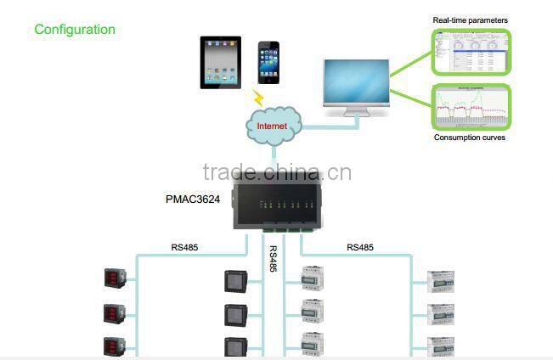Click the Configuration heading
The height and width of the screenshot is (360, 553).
pyautogui.click(x=75, y=30)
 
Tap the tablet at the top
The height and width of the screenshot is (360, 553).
pyautogui.click(x=223, y=61)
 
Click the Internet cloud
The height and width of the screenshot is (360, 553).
pyautogui.click(x=274, y=127)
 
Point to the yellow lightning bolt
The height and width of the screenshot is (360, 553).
pyautogui.click(x=258, y=97)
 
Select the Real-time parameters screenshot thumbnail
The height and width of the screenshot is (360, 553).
pyautogui.click(x=470, y=52)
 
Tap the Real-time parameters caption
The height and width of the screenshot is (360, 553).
pyautogui.click(x=470, y=19)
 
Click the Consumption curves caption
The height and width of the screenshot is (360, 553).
pyautogui.click(x=470, y=137)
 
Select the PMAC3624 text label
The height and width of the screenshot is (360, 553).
pyautogui.click(x=195, y=201)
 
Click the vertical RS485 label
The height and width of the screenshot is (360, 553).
pyautogui.click(x=273, y=259)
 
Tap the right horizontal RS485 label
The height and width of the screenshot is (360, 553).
pyautogui.click(x=359, y=248)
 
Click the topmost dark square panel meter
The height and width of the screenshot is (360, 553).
pyautogui.click(x=233, y=280)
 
